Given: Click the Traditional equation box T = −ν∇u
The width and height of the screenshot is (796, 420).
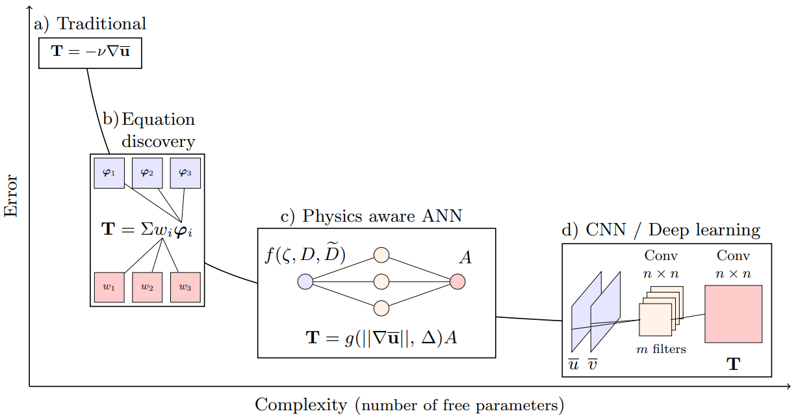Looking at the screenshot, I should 90,52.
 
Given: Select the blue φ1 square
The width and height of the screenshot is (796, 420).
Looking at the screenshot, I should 109,173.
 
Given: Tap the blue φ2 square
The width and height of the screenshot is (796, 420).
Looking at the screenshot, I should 147,173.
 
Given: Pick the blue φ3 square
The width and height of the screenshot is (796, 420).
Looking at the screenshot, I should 185,173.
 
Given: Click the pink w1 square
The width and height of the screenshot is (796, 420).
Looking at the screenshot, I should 109,287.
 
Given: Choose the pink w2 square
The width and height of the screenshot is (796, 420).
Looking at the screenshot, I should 147,287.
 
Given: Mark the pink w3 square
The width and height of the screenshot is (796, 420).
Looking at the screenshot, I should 185,287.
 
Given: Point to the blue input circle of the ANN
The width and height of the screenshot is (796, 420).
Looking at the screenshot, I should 305,282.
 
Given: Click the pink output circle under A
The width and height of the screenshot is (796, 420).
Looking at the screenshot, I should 457,282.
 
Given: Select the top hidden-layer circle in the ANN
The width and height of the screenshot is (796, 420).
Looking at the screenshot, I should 381,255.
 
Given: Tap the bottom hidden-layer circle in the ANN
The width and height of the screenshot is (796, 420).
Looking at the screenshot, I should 381,308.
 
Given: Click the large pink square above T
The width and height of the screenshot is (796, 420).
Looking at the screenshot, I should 733,313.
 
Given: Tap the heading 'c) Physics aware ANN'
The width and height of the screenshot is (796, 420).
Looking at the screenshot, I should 371,217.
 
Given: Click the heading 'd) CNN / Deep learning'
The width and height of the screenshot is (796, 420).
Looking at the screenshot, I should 661,230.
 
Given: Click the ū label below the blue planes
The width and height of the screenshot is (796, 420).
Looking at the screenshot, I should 574,365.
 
